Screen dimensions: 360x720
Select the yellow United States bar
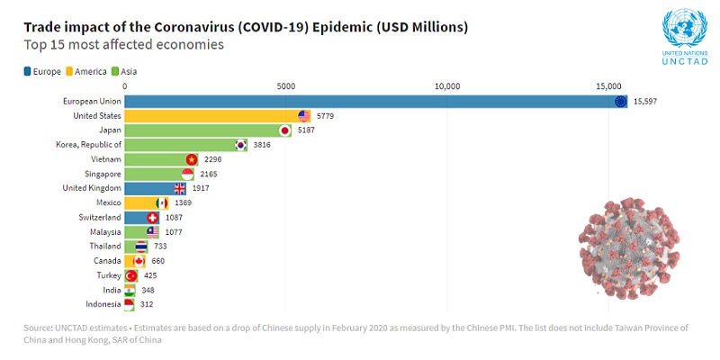[x=217, y=116]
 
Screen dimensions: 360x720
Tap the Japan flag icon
[x=285, y=130]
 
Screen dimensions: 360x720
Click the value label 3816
[x=262, y=145]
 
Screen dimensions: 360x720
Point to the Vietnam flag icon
[x=192, y=159]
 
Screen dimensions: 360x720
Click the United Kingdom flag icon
[x=180, y=188]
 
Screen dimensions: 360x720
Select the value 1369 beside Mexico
[x=183, y=202]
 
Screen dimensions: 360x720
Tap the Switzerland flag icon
[x=152, y=217]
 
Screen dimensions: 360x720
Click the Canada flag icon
[x=139, y=261]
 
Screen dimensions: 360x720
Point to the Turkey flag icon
[x=131, y=275]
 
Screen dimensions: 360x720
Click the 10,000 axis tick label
[x=447, y=86]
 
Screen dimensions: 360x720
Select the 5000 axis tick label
[x=286, y=86]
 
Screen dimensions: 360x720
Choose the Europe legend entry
[x=40, y=71]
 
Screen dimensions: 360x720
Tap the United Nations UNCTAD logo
[x=685, y=36]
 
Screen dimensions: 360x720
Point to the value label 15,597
[x=645, y=102]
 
